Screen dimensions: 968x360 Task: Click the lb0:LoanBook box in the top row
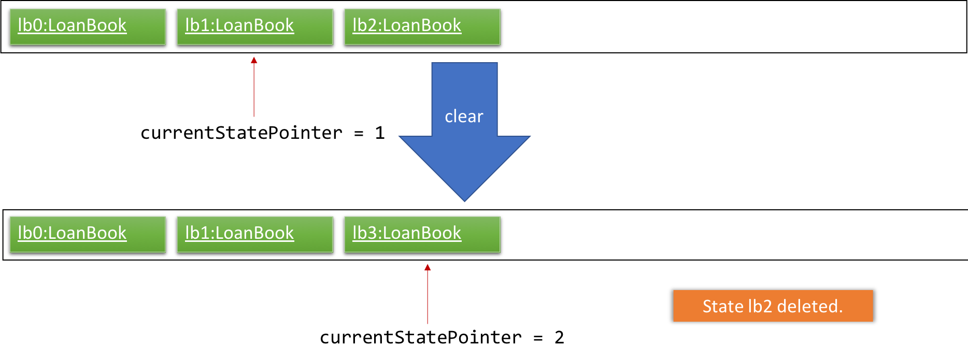click(x=88, y=27)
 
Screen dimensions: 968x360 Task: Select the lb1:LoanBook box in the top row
click(x=255, y=27)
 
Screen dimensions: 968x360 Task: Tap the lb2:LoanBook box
click(x=422, y=27)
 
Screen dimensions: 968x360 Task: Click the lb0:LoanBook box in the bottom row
click(x=88, y=234)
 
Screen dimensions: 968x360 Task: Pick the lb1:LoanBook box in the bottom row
click(x=255, y=234)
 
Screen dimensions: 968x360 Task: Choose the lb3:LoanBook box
click(x=422, y=234)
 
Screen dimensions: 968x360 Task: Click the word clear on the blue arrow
click(x=464, y=117)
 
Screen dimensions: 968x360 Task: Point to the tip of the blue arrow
click(x=465, y=201)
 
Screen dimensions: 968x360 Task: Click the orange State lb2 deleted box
click(x=773, y=306)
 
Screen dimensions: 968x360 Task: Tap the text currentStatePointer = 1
click(x=262, y=133)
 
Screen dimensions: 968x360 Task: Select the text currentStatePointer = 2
click(x=442, y=338)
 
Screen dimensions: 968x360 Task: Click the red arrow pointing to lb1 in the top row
click(x=254, y=87)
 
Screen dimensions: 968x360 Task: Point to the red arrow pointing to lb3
click(x=428, y=294)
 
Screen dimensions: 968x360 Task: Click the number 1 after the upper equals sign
click(x=380, y=133)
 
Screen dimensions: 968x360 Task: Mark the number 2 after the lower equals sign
click(x=559, y=338)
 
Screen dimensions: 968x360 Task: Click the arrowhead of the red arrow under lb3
click(x=428, y=267)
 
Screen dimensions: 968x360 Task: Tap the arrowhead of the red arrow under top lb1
click(x=254, y=60)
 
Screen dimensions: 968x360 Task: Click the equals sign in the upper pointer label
click(x=359, y=134)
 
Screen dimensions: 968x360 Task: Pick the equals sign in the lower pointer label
click(x=538, y=338)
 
